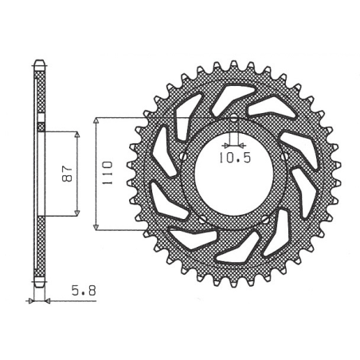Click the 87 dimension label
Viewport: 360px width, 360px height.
68,174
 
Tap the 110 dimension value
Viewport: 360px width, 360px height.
108,173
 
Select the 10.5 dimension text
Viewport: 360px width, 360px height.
235,158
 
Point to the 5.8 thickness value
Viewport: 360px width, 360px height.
84,291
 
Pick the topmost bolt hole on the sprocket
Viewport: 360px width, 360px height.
233,118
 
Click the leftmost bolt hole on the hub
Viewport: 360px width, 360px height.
182,156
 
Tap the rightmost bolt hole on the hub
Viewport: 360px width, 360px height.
285,155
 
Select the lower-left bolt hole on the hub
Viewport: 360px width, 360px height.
202,219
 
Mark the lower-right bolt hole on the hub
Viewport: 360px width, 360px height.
265,219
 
